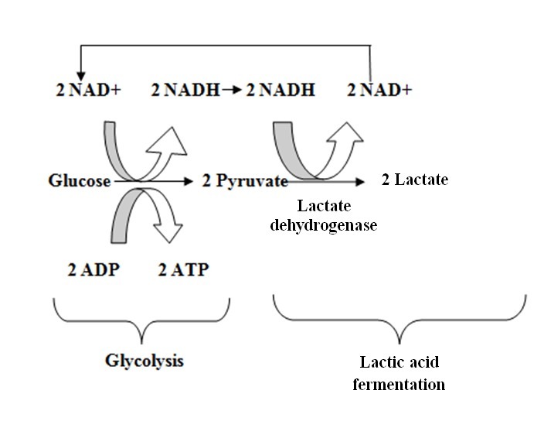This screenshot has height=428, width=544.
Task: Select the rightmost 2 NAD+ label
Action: pos(379,91)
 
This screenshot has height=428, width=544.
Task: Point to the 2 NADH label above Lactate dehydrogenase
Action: pos(280,91)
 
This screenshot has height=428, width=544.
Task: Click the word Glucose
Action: pos(80,181)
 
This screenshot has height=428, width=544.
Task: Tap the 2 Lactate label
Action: pos(415,180)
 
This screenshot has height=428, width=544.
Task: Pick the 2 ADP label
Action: pos(92,270)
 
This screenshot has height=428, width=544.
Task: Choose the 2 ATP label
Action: pos(183,270)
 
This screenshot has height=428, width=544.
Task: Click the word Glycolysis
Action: pos(144,361)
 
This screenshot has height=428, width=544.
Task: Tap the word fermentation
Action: pos(399,384)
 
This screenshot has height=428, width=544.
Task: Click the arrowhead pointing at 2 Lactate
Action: pos(360,182)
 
